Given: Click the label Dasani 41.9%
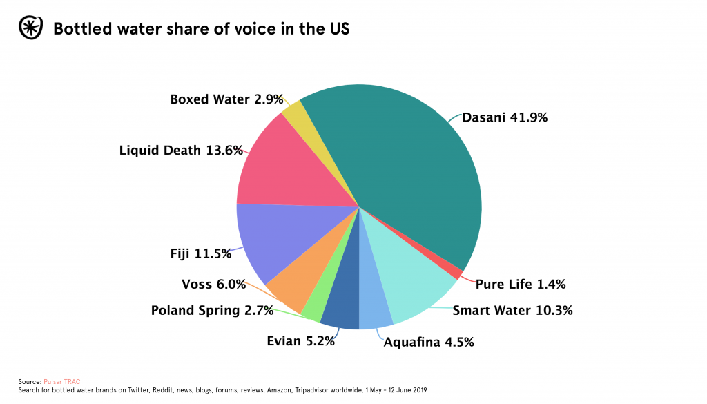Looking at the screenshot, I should [x=505, y=117].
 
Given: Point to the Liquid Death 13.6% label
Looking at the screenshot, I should [x=181, y=150].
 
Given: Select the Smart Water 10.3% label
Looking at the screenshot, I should [x=512, y=310].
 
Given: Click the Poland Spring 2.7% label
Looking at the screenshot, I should [x=213, y=310].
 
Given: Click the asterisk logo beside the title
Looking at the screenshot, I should [x=30, y=29].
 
